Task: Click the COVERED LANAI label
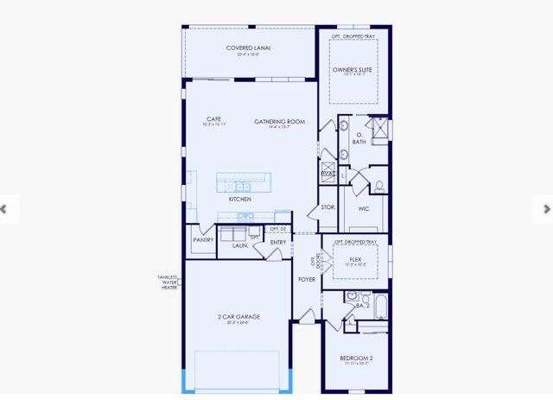(248, 48)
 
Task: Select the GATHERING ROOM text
(279, 122)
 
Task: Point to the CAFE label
(215, 119)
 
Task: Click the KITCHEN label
(239, 199)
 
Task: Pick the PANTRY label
(203, 240)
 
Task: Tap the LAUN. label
(240, 245)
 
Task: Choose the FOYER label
(307, 279)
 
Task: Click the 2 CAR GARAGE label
(238, 317)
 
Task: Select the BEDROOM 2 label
(355, 359)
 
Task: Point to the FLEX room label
(354, 258)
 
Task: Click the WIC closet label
(364, 208)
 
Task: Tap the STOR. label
(327, 207)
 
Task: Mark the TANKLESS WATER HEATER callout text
(167, 283)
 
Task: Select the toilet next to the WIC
(378, 185)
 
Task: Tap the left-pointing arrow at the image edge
(4, 208)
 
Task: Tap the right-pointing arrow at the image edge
(547, 208)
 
